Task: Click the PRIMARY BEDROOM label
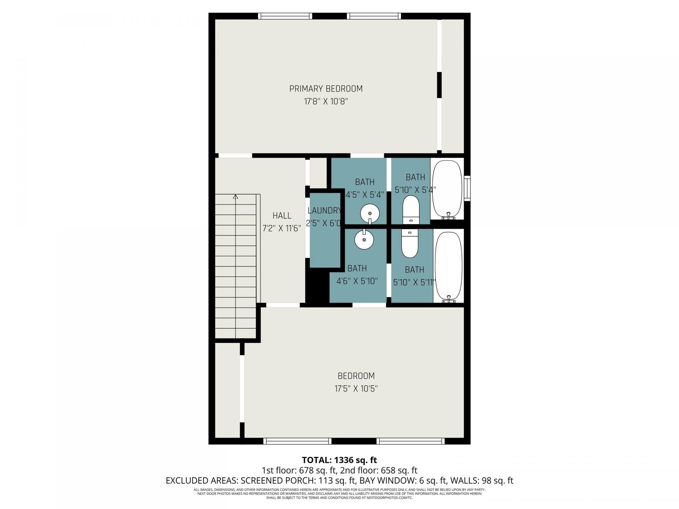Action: [326, 89]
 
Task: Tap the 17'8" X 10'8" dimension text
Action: [326, 102]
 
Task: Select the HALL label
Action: [282, 216]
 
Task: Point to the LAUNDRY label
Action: [324, 211]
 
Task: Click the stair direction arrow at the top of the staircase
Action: [236, 197]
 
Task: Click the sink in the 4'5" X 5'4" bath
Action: [370, 214]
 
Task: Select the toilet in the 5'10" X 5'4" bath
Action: [411, 209]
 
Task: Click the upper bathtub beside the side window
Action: [448, 189]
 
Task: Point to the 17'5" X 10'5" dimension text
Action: [356, 389]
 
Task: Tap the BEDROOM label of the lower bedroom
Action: [356, 376]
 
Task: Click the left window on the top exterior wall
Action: [285, 16]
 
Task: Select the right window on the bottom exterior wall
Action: [410, 441]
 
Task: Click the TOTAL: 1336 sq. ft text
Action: [339, 460]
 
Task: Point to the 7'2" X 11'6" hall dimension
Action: [282, 228]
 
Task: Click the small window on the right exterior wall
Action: [468, 188]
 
